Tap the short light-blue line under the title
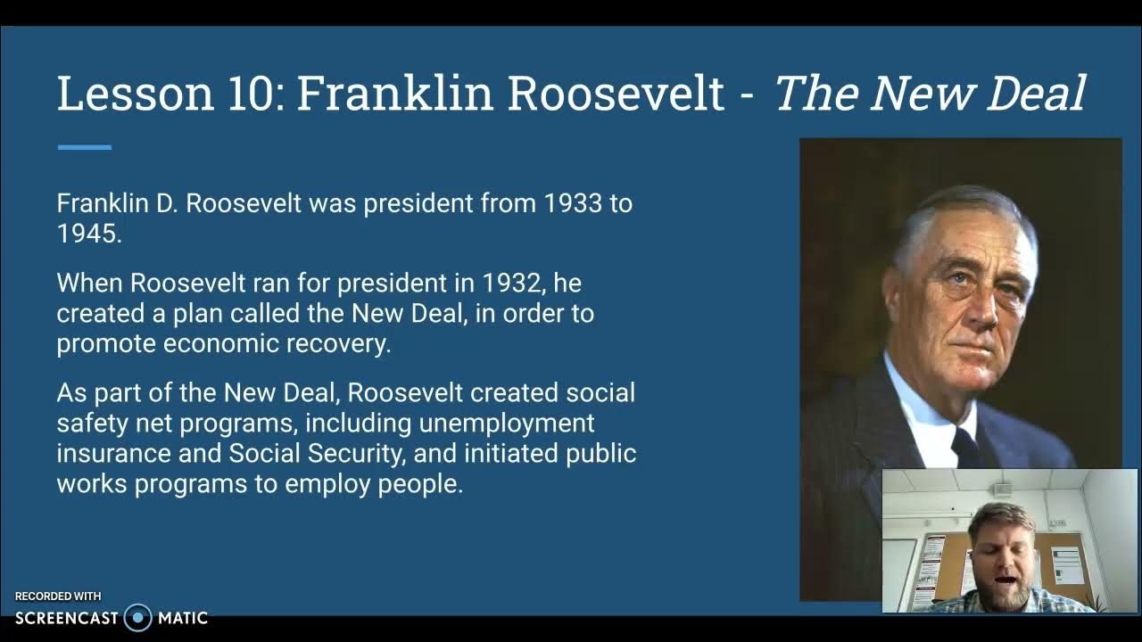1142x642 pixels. click(x=85, y=147)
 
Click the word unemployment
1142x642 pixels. click(x=507, y=423)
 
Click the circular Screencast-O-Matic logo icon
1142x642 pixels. click(x=137, y=617)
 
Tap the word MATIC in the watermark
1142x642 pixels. click(x=182, y=617)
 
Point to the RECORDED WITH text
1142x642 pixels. click(x=58, y=597)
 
